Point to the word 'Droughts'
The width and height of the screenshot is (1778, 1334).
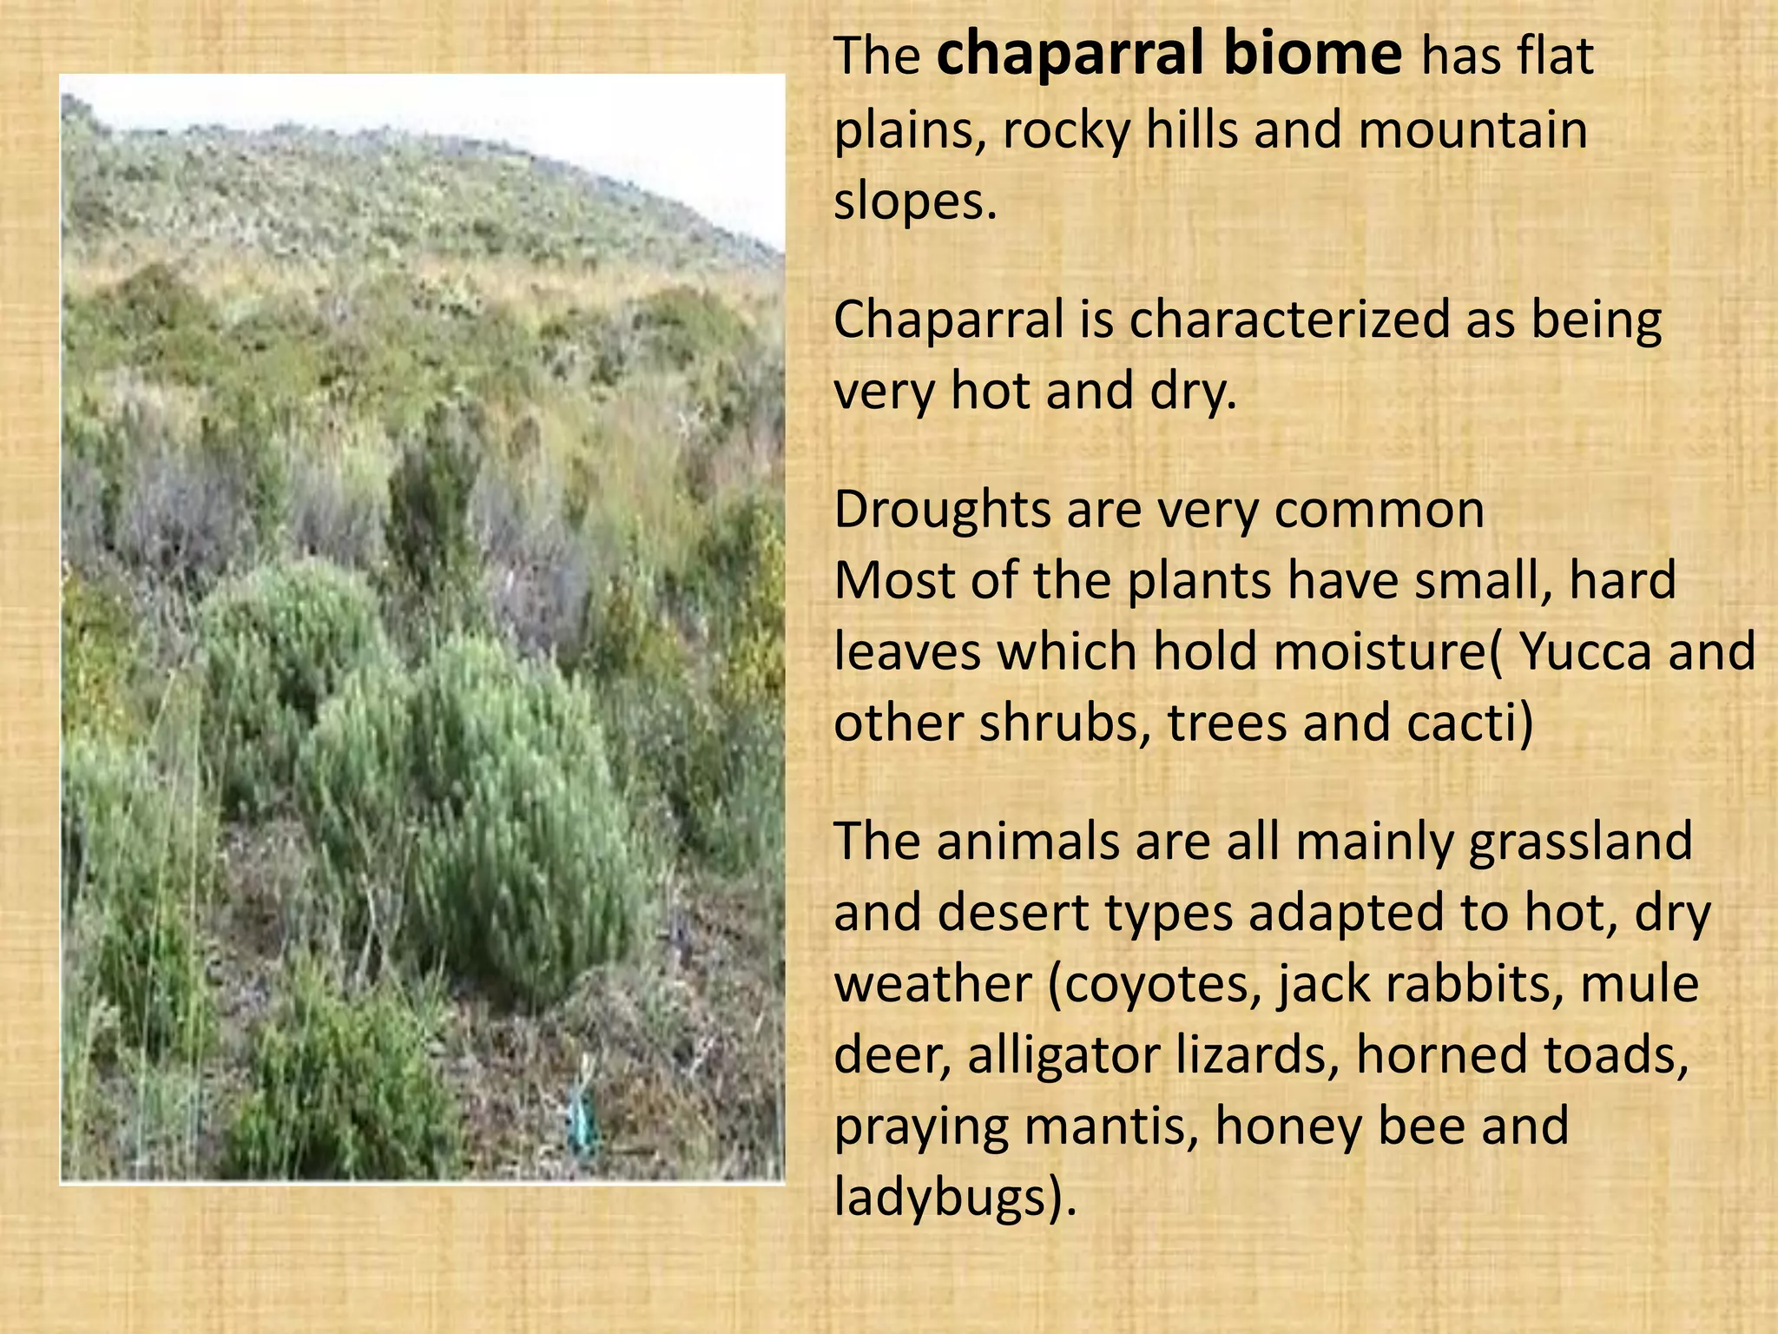pos(942,510)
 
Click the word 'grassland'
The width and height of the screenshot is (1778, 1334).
pos(1580,842)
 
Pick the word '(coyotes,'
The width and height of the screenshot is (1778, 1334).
pos(1155,985)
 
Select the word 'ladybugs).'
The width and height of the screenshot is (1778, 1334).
pos(955,1198)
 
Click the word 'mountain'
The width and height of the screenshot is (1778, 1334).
pos(1472,130)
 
